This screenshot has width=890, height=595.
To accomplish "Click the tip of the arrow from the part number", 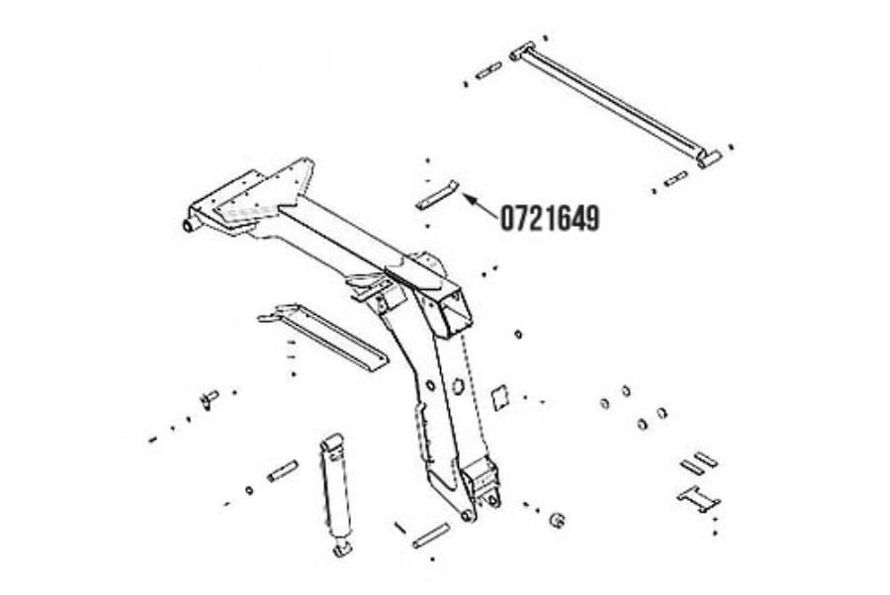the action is click(x=464, y=195).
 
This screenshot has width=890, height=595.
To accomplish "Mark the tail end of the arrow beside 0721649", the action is click(x=496, y=217).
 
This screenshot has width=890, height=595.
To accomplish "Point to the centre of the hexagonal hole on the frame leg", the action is click(x=458, y=385).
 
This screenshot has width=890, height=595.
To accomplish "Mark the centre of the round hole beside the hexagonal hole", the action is click(x=430, y=385).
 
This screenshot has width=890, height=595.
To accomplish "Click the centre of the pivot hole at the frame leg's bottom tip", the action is click(x=467, y=516).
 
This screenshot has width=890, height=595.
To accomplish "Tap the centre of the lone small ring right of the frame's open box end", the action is click(x=517, y=335).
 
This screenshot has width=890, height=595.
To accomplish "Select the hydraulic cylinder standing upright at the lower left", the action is click(x=336, y=495).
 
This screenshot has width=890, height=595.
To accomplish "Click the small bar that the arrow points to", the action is click(x=436, y=195).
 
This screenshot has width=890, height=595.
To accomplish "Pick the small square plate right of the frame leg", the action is click(x=499, y=398).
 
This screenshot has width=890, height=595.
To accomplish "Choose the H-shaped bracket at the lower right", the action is click(x=699, y=499).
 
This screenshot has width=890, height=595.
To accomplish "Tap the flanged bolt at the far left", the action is click(x=209, y=398).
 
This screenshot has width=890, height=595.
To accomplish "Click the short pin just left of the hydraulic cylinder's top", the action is click(x=283, y=471).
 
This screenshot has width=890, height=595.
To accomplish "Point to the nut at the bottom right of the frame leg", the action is click(x=558, y=520).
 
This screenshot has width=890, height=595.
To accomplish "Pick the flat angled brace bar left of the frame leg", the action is click(x=323, y=336).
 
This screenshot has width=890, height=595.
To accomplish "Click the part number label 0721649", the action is click(x=550, y=218).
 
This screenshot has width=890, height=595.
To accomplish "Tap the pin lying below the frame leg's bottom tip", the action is click(x=431, y=536).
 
